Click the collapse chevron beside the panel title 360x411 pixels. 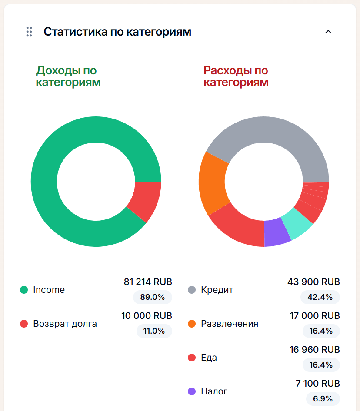click(x=328, y=32)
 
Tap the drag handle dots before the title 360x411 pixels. click(x=29, y=32)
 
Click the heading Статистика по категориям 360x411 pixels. click(x=117, y=32)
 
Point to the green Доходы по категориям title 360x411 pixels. click(x=68, y=76)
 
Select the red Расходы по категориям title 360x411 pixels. click(x=236, y=76)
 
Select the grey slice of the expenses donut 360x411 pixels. click(x=270, y=135)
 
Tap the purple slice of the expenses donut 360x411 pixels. click(x=277, y=232)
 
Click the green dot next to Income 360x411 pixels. click(x=24, y=290)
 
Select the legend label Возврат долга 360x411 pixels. click(x=65, y=324)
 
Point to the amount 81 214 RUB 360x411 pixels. click(x=148, y=282)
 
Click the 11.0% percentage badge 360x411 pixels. click(x=154, y=331)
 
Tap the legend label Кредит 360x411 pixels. click(x=217, y=290)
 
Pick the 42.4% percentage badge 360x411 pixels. click(x=320, y=297)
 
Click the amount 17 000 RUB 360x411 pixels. click(x=315, y=316)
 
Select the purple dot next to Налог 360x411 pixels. click(x=192, y=391)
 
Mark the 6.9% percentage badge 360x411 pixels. click(x=323, y=399)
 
